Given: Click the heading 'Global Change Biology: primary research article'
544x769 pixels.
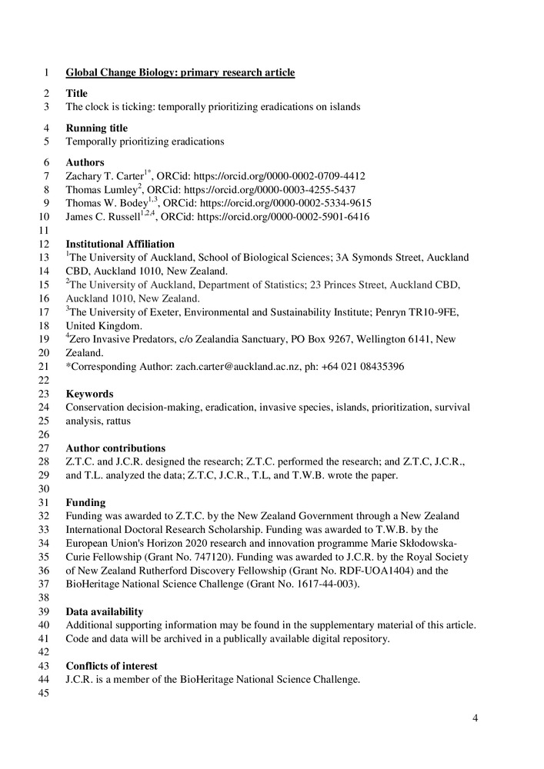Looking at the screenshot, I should (180, 73).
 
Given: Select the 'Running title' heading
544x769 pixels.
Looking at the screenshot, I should (96, 128).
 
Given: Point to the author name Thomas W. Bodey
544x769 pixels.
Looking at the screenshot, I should (102, 204).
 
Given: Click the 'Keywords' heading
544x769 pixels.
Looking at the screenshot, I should (89, 394).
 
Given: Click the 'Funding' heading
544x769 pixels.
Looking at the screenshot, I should (85, 502).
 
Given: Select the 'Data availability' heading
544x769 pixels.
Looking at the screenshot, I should (105, 611).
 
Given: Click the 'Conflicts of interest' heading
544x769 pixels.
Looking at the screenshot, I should (112, 666).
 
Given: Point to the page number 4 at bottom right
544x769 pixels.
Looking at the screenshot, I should (476, 719).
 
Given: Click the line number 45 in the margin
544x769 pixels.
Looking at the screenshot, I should (44, 694).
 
